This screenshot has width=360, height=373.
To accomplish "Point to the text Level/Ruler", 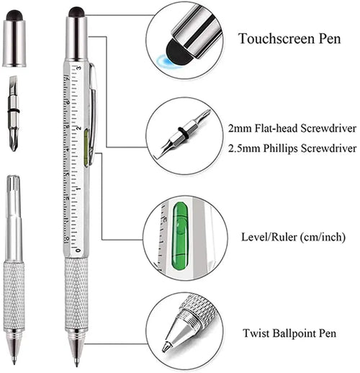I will pos(266,236).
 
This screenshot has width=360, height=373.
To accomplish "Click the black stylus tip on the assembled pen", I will pos(76,12).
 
